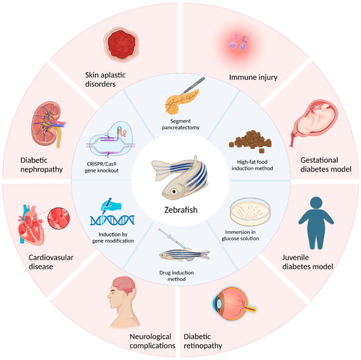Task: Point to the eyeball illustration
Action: click(230, 307)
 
